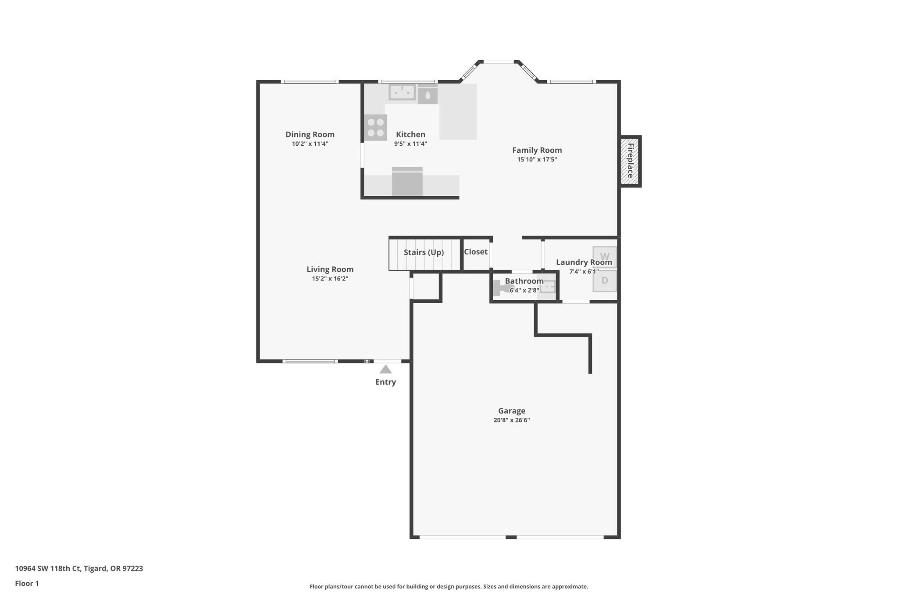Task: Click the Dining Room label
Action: click(x=310, y=134)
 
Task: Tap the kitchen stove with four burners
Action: click(x=375, y=128)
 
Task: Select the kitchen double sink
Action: click(x=402, y=92)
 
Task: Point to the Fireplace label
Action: click(x=631, y=161)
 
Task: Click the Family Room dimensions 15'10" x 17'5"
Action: click(x=537, y=160)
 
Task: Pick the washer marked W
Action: click(x=605, y=257)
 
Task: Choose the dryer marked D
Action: click(x=605, y=281)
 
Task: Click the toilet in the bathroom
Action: click(x=501, y=288)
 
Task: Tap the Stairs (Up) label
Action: click(x=424, y=252)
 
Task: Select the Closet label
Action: click(x=476, y=252)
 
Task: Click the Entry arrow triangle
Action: click(x=385, y=369)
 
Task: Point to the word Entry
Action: click(x=385, y=382)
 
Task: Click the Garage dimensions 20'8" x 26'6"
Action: click(x=511, y=420)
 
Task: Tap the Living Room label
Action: click(x=330, y=269)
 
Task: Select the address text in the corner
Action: click(x=79, y=568)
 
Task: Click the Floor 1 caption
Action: click(x=27, y=583)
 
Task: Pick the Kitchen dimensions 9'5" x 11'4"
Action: click(x=410, y=144)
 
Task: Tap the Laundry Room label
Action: click(x=584, y=262)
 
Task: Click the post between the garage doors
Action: click(x=511, y=537)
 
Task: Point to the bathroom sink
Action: click(x=548, y=287)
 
